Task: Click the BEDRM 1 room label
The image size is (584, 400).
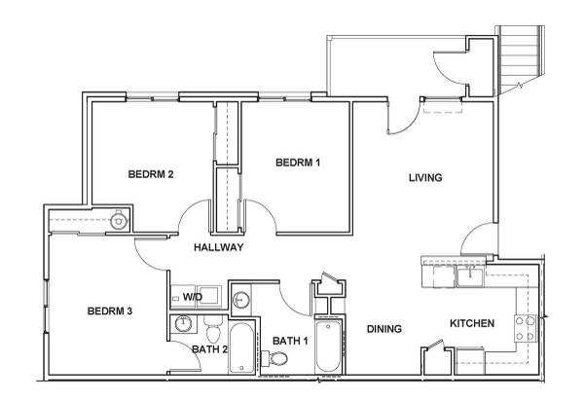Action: tap(298, 163)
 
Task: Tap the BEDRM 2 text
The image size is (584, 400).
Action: tap(151, 174)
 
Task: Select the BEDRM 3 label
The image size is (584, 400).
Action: tap(109, 310)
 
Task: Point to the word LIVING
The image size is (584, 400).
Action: tap(425, 177)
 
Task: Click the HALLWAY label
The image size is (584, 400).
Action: tap(219, 247)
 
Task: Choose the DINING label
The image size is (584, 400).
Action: tap(384, 329)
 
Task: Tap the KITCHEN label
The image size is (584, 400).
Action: tap(472, 323)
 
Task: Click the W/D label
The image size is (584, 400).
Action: tap(193, 297)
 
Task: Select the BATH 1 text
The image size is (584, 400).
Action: tap(290, 341)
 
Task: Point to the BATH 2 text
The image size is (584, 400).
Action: tap(209, 349)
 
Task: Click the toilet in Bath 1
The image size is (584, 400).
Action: tap(275, 359)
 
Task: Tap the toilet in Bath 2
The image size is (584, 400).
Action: tap(213, 329)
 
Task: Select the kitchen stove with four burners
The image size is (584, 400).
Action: tap(526, 328)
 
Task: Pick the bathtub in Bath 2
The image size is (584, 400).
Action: tap(241, 347)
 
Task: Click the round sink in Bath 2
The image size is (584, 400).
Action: tap(183, 323)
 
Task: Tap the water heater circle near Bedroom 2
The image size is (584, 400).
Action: tap(119, 221)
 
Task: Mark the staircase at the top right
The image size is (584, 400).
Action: tap(520, 59)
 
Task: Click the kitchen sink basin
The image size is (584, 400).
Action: tap(470, 277)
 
